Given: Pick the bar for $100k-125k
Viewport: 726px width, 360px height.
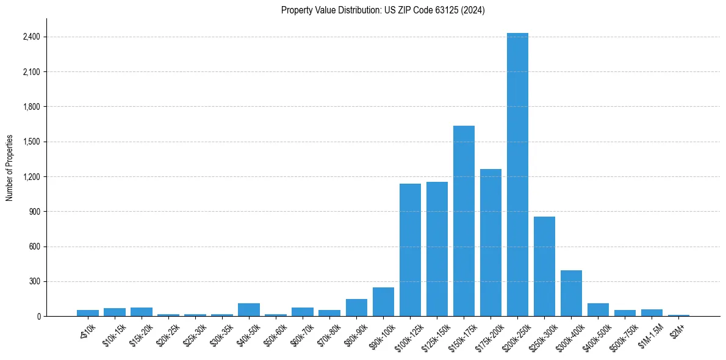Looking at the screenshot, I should pos(410,250).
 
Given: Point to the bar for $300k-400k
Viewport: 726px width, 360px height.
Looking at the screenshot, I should pos(571,293).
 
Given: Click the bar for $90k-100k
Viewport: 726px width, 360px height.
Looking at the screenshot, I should pos(383,301).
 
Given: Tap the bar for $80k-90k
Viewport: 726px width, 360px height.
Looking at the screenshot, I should pos(356,308).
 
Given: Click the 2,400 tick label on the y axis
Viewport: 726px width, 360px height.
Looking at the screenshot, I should pos(31,37).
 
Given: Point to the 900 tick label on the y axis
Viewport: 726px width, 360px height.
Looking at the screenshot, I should pos(34,212).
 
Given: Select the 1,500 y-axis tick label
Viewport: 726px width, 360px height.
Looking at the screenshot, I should pos(31,142).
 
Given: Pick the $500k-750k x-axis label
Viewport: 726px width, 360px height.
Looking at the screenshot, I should pos(624,334).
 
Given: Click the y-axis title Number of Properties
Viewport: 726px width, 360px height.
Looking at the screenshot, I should pos(10,168).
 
